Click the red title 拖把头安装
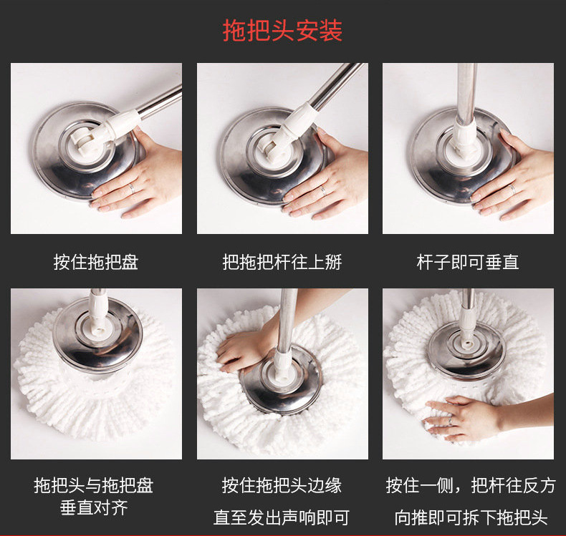coord(282,31)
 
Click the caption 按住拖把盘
coord(96,262)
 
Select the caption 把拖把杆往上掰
coord(282,262)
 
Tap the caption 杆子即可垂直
coord(468,262)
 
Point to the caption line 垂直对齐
coord(94,508)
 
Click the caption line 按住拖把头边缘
coord(282,485)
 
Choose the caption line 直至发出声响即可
coord(282,517)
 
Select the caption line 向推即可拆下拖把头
coord(471,517)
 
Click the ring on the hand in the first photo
coord(132,187)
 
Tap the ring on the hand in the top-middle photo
coord(324,191)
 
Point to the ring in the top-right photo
coord(512,189)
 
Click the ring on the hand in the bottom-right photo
coord(451,421)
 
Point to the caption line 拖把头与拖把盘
coord(94,485)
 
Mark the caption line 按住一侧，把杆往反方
coord(471,485)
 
